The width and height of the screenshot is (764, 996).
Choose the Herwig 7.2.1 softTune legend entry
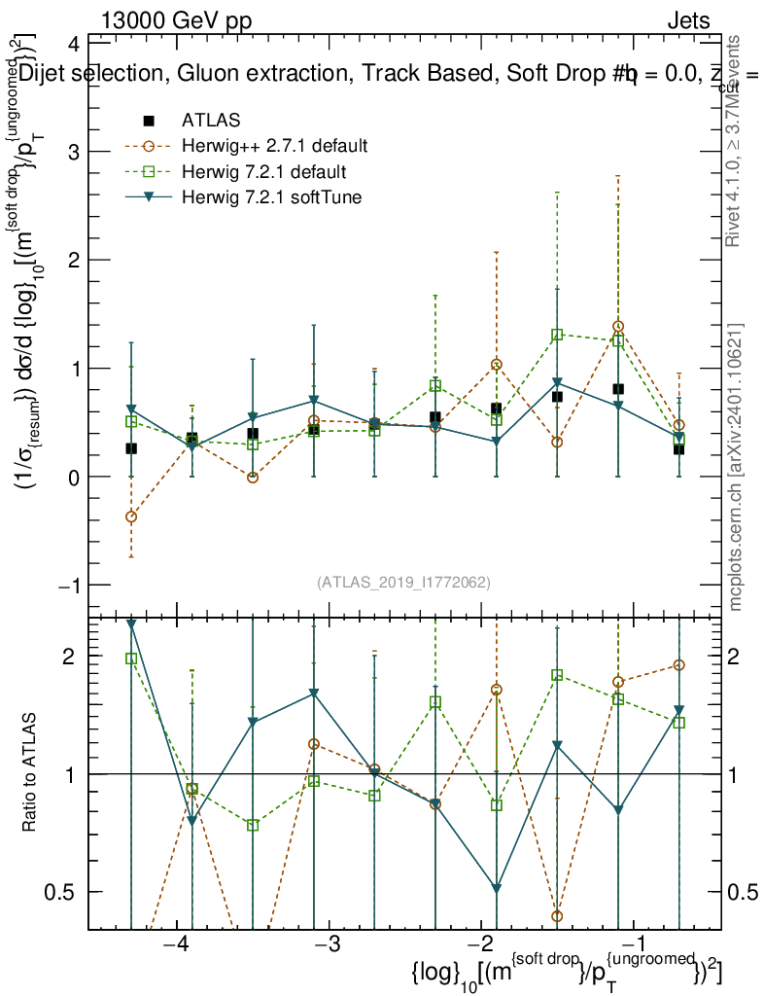click(271, 198)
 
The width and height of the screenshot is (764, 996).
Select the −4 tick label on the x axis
click(175, 946)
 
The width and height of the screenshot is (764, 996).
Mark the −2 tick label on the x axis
click(481, 946)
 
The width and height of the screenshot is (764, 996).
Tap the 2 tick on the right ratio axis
click(745, 657)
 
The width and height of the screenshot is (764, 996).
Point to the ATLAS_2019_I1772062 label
click(403, 583)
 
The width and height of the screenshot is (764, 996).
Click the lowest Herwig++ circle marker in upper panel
click(131, 516)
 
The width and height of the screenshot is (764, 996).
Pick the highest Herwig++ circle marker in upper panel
click(618, 327)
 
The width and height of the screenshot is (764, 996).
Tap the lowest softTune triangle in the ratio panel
click(497, 888)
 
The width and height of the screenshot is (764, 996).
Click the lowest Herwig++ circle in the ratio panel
click(557, 916)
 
